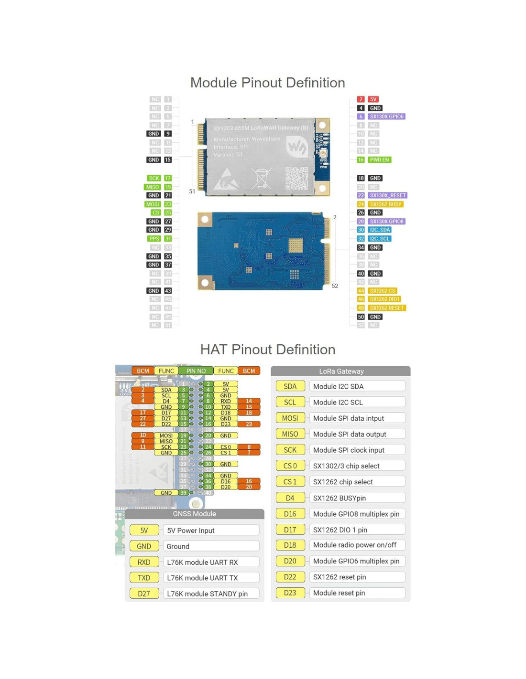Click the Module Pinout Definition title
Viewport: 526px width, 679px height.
(x=267, y=83)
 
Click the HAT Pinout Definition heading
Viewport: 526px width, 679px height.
(x=267, y=350)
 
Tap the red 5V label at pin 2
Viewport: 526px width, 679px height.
(x=373, y=99)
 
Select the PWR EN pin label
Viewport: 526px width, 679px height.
(x=379, y=160)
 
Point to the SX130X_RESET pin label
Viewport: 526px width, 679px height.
(x=387, y=195)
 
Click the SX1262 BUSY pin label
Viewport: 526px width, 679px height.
(x=385, y=204)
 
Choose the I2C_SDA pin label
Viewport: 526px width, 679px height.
(x=380, y=230)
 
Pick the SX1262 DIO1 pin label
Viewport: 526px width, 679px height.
(x=384, y=299)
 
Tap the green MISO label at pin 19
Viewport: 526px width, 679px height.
(x=153, y=187)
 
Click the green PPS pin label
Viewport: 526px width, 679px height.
(x=154, y=239)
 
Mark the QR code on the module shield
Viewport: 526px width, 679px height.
(x=296, y=178)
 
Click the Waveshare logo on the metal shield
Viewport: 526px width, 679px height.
(x=296, y=147)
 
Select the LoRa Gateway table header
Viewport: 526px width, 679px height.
(x=341, y=371)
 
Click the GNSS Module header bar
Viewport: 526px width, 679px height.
(x=194, y=514)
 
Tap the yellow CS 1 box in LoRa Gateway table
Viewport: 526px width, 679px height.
(x=290, y=482)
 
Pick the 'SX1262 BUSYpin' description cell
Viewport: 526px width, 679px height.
(x=357, y=498)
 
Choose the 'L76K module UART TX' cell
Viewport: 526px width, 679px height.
(x=211, y=578)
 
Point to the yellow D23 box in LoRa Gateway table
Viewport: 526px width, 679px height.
(x=290, y=593)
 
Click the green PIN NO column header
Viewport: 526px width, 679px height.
(x=196, y=371)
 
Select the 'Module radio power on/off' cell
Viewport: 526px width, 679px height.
(x=357, y=545)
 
